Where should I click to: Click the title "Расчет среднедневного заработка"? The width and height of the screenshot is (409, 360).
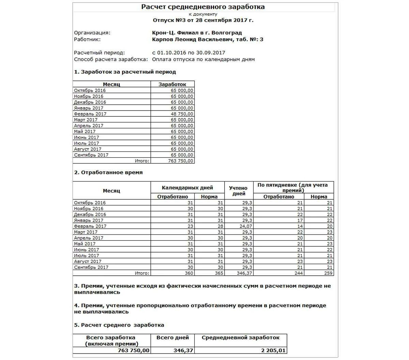point(203,7)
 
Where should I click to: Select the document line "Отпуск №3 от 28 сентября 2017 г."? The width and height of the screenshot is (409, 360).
point(203,20)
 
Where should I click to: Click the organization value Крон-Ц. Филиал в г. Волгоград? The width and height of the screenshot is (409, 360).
point(197,33)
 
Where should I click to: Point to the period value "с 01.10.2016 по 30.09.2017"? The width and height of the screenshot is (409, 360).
point(188,53)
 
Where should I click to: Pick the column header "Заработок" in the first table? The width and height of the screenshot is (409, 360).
point(172,84)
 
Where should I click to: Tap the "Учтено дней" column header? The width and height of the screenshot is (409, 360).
point(239,191)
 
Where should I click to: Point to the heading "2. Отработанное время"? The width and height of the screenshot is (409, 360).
point(108,172)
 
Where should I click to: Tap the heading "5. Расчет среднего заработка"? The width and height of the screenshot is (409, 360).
point(119,325)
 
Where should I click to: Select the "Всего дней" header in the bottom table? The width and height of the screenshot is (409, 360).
point(172,337)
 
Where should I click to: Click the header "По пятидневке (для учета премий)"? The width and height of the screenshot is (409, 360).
point(293,188)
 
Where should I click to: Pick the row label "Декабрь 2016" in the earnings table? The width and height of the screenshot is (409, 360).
point(90,102)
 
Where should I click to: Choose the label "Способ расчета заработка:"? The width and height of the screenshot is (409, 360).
point(111,59)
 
